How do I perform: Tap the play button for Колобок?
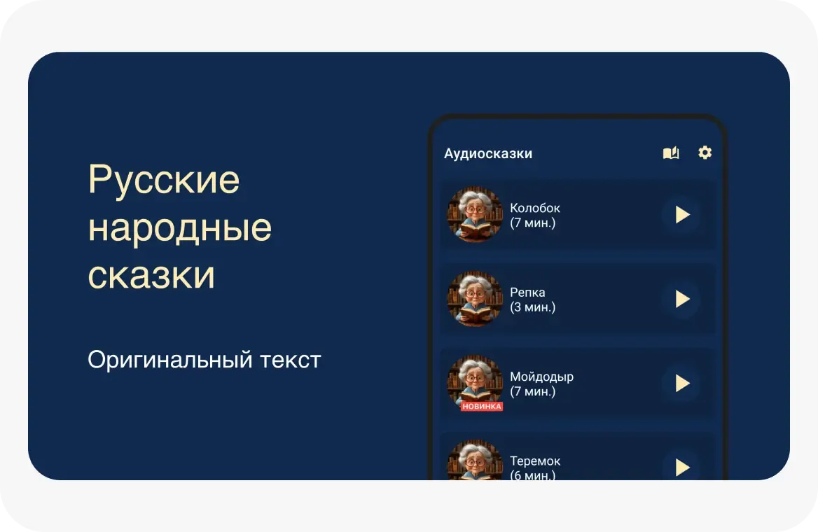coord(681,215)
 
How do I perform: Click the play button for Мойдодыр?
coord(681,383)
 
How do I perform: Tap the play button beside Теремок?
coord(681,467)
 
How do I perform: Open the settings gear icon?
coord(705,153)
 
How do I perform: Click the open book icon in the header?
coord(671,153)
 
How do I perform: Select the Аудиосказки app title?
coord(488,153)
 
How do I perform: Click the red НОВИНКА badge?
coord(482,406)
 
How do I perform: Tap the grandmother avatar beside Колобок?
coord(475,214)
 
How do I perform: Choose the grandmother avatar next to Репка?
coord(475,299)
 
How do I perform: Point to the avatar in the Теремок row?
coord(475,461)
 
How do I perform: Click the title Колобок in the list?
coord(535,208)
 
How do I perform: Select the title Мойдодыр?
coord(541,377)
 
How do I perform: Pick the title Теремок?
coord(535,461)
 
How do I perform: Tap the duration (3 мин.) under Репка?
coord(532,307)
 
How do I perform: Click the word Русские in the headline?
coord(164,181)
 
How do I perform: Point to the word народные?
coord(180,228)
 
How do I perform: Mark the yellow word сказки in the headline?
coord(151,276)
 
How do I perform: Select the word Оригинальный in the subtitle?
coord(170,360)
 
